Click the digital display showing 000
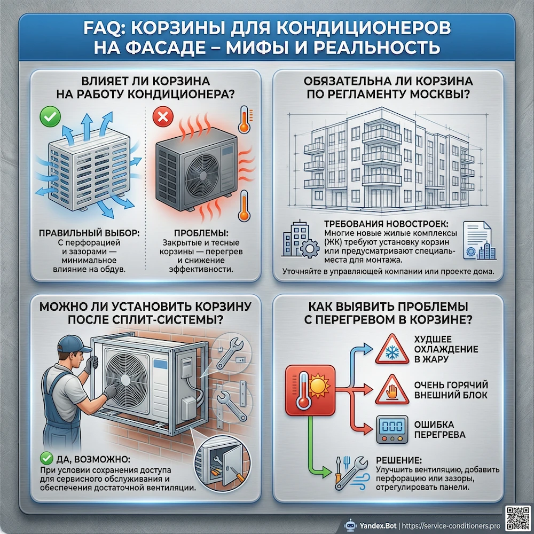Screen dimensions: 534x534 [x=391, y=428]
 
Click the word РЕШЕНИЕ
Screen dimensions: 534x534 [x=398, y=460]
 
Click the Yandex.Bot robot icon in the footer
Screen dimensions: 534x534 [x=350, y=524]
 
